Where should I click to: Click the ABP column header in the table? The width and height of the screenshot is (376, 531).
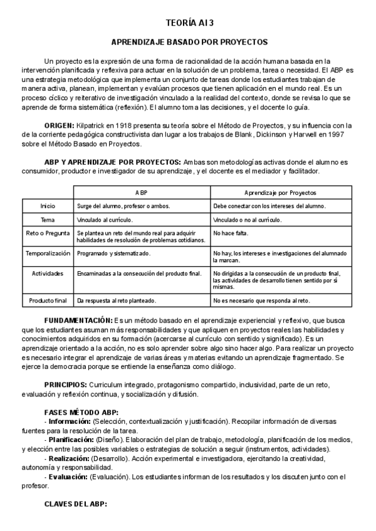click(x=142, y=193)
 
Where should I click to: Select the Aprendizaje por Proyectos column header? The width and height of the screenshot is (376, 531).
click(x=279, y=193)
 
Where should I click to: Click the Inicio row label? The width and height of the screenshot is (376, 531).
click(x=48, y=206)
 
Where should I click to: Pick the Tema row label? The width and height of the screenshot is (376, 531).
click(x=48, y=220)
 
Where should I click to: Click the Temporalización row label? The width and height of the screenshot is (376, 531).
click(x=48, y=254)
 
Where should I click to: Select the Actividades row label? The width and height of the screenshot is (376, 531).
click(x=48, y=273)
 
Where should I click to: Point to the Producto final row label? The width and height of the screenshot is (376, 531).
click(x=48, y=300)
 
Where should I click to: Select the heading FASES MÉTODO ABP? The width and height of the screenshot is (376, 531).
click(x=81, y=411)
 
